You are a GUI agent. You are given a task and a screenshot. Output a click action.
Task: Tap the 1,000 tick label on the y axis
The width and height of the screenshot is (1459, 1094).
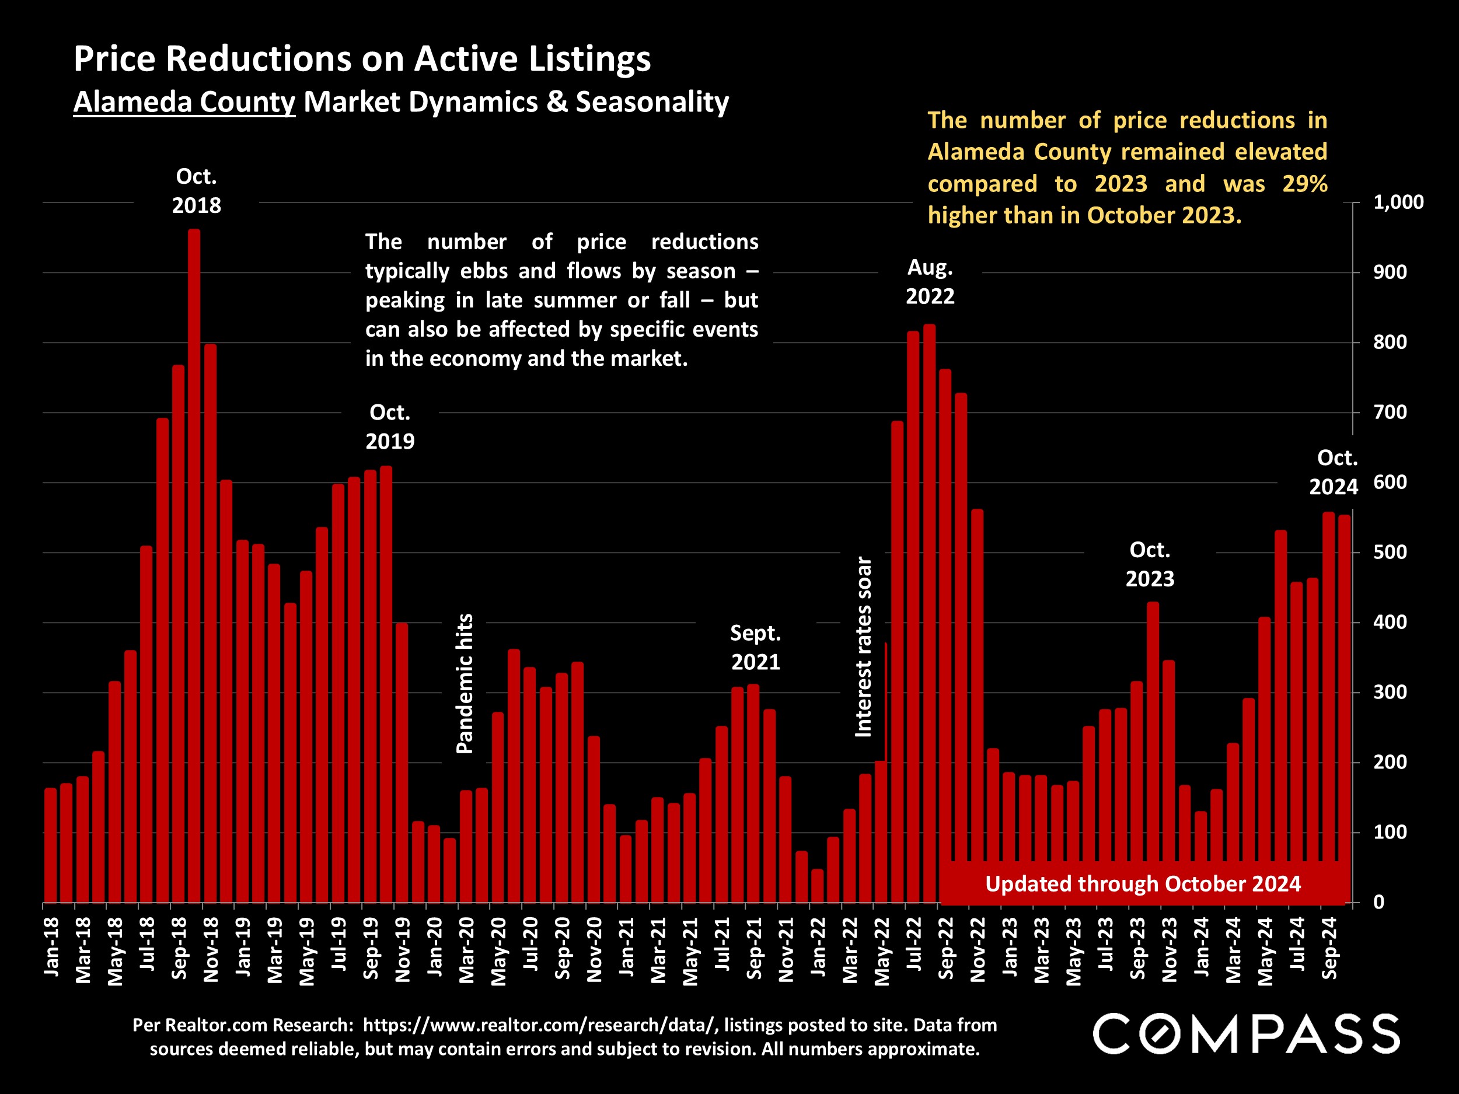1398,202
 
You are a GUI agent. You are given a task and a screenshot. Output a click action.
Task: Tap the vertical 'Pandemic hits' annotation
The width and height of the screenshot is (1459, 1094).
465,683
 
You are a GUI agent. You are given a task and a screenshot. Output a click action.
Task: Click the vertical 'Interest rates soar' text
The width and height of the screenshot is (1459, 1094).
863,646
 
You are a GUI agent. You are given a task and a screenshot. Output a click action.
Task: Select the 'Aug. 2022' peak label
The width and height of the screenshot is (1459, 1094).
930,282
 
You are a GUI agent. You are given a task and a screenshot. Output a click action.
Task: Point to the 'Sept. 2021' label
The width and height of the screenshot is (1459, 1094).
755,648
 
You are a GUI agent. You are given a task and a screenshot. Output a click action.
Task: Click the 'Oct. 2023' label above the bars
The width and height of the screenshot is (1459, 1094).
1150,564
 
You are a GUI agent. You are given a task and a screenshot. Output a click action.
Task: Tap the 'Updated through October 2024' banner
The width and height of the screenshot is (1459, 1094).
1143,883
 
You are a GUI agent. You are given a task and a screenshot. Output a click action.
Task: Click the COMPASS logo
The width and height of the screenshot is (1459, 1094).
1246,1034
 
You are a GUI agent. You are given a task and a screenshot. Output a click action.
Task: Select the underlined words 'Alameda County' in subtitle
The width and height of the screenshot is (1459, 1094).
184,102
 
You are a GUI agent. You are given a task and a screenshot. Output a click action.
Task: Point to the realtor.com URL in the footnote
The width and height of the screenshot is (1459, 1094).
539,1025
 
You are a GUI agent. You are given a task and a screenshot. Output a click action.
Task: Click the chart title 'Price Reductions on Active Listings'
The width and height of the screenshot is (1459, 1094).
362,59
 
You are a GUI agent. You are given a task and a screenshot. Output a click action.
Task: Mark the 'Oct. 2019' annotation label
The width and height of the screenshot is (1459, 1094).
390,427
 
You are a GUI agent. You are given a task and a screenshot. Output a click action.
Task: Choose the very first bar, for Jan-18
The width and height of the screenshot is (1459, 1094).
51,845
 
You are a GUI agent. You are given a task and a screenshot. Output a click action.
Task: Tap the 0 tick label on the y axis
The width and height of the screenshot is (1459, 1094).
1378,902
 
